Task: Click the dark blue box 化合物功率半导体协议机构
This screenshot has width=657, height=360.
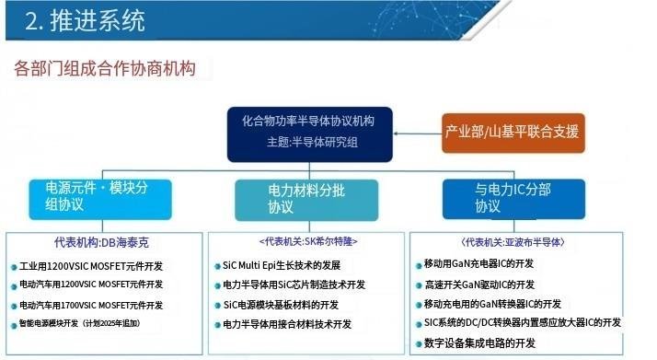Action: click(x=310, y=134)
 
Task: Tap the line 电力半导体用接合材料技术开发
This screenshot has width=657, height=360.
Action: click(x=287, y=324)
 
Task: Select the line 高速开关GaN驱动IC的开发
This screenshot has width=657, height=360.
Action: click(x=479, y=284)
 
